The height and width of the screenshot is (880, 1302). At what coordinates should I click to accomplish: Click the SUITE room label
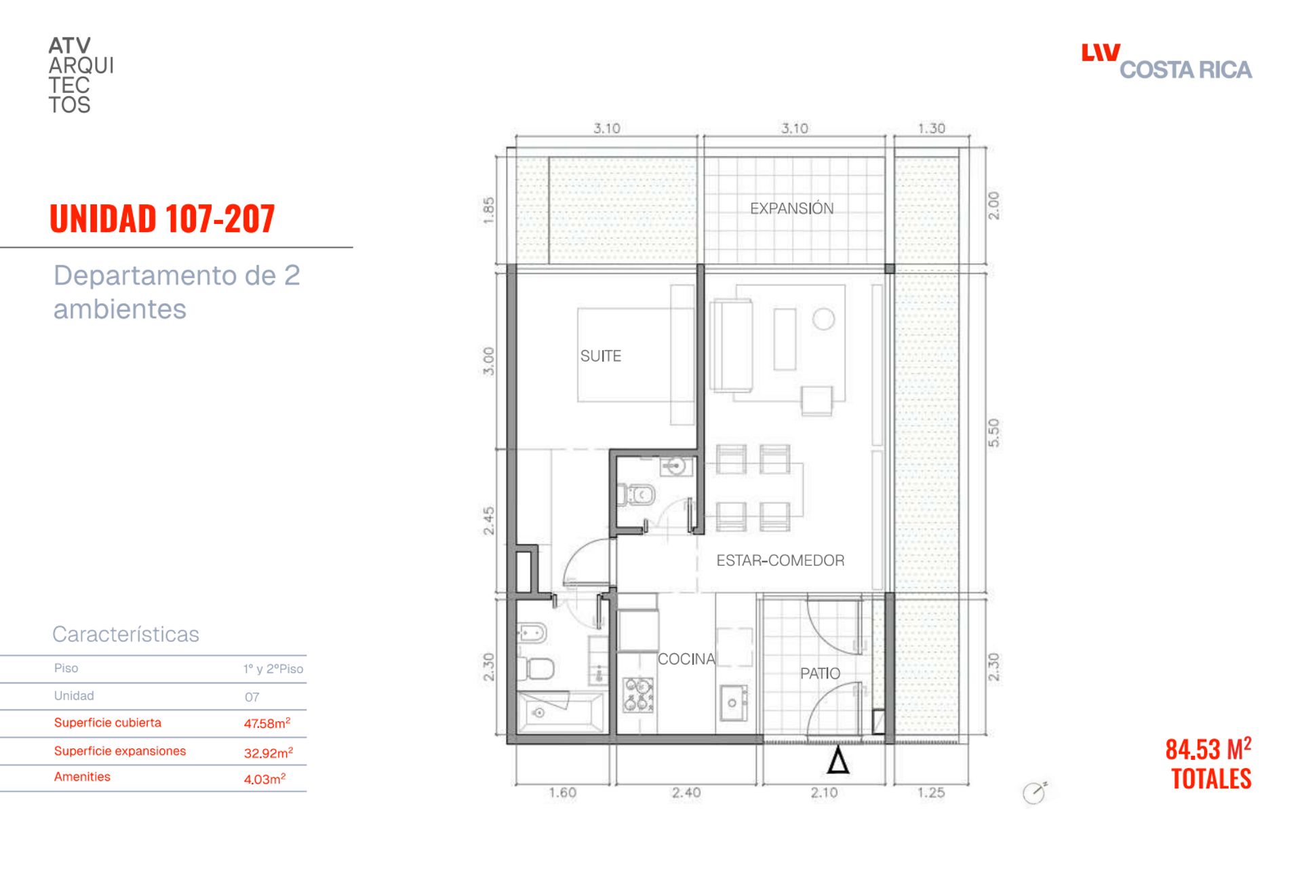pyautogui.click(x=600, y=356)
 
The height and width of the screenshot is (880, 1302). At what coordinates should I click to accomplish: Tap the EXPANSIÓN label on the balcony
pyautogui.click(x=791, y=208)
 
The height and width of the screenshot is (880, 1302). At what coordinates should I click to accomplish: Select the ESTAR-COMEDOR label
pyautogui.click(x=781, y=560)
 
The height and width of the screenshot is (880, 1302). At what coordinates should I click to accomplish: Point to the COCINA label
pyautogui.click(x=686, y=659)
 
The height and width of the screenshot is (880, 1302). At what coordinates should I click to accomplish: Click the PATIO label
pyautogui.click(x=820, y=673)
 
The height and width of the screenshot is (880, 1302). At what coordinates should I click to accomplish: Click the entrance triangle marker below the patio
pyautogui.click(x=838, y=761)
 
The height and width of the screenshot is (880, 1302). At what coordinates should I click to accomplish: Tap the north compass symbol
pyautogui.click(x=1035, y=792)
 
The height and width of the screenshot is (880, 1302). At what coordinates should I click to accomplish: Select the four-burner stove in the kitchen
pyautogui.click(x=638, y=695)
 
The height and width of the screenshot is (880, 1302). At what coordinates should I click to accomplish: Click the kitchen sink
pyautogui.click(x=733, y=703)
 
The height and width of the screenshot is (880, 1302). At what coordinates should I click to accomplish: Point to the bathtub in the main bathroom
pyautogui.click(x=560, y=712)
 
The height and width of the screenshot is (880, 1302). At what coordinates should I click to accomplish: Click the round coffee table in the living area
pyautogui.click(x=823, y=319)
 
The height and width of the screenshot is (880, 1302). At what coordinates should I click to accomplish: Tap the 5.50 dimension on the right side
pyautogui.click(x=993, y=432)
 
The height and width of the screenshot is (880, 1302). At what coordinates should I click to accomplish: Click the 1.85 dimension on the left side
pyautogui.click(x=488, y=210)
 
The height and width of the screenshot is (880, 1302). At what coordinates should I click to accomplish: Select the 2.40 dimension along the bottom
pyautogui.click(x=686, y=792)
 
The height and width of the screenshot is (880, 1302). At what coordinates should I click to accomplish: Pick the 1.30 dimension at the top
pyautogui.click(x=931, y=128)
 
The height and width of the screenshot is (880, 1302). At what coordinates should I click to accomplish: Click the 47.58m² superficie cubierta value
pyautogui.click(x=267, y=723)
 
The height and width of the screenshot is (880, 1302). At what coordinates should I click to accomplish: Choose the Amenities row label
pyautogui.click(x=82, y=777)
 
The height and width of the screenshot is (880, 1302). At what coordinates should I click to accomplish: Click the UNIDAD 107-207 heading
pyautogui.click(x=162, y=218)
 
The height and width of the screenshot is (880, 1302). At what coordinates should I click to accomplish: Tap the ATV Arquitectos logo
pyautogui.click(x=81, y=75)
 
